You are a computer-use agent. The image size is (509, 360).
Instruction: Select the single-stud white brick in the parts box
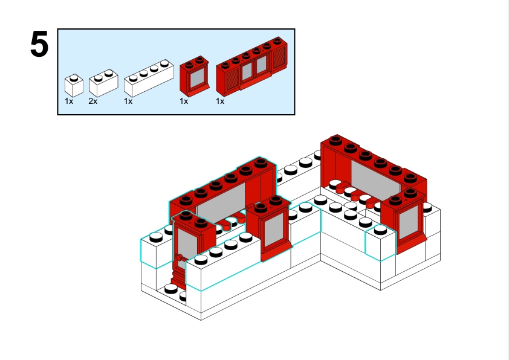(x=74, y=86)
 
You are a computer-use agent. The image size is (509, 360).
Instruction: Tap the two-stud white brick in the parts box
(x=102, y=83)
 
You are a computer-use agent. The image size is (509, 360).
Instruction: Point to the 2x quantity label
(x=92, y=101)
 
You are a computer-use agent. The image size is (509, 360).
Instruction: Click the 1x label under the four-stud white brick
(x=128, y=101)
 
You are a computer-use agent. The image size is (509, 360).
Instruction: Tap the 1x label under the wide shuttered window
(x=220, y=101)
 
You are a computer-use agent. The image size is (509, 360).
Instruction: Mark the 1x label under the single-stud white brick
(x=69, y=101)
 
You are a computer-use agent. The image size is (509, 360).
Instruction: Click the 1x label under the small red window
(x=184, y=101)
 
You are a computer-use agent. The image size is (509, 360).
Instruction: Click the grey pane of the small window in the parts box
(x=196, y=79)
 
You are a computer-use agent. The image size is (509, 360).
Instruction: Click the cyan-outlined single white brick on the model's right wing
(x=380, y=244)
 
